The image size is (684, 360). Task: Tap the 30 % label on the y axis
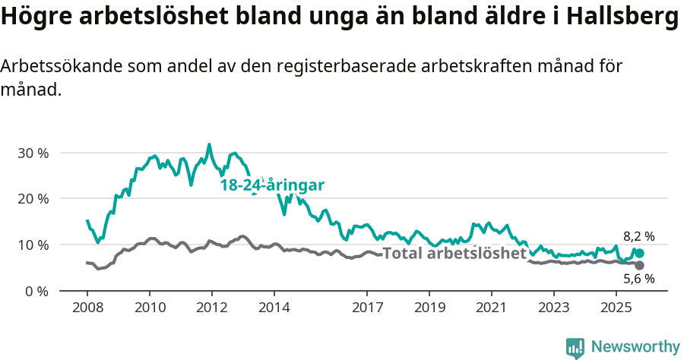33,153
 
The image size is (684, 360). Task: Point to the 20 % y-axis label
33,199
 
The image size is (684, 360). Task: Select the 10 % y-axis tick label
33,245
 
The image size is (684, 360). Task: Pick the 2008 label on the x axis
87,309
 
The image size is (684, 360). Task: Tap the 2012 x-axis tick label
211,309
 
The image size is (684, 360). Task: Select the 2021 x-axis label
490,309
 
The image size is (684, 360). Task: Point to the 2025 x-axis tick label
614,309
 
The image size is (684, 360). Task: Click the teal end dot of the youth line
639,253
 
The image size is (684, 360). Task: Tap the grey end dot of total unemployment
639,265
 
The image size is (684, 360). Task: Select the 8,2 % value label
638,236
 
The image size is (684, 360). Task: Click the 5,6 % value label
638,279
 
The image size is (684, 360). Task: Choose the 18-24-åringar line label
272,185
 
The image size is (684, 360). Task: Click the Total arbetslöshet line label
454,254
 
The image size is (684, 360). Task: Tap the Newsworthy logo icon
575,347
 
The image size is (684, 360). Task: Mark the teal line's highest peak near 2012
210,144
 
